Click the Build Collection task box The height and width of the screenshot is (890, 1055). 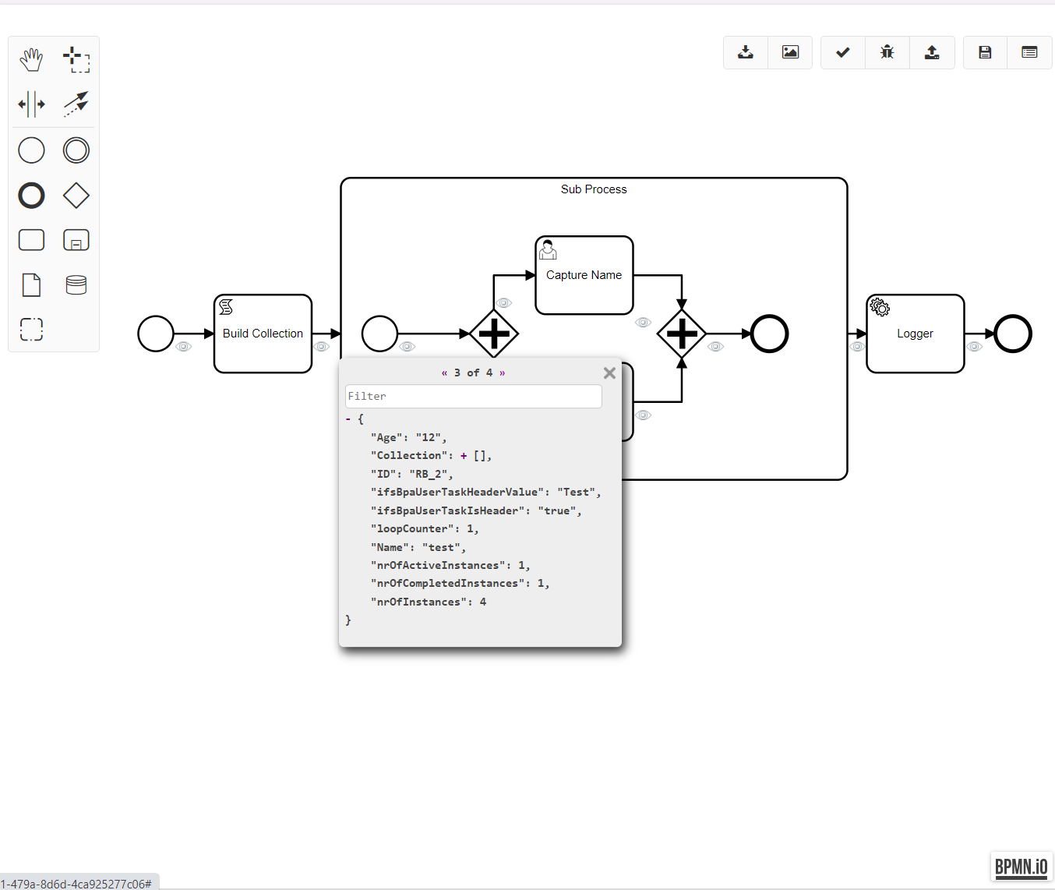(x=263, y=334)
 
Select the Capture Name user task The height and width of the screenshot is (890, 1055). (x=584, y=275)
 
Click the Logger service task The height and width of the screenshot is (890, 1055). (x=915, y=334)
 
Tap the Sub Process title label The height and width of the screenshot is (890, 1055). (x=594, y=189)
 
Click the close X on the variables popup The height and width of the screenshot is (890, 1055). (x=609, y=373)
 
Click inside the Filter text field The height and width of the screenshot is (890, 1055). (x=473, y=397)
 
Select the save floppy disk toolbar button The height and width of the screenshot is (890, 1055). (x=985, y=52)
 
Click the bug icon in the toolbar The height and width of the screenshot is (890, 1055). (x=887, y=52)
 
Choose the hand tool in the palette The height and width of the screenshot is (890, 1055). (x=31, y=59)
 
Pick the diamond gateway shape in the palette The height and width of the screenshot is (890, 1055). (x=76, y=196)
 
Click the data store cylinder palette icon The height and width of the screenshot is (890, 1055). (x=76, y=285)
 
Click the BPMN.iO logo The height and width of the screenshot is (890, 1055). (x=1021, y=867)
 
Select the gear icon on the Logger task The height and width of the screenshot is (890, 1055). (x=880, y=307)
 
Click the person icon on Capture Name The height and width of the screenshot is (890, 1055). (x=548, y=249)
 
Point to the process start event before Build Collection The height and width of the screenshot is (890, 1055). (x=156, y=334)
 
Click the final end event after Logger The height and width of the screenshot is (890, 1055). (x=1013, y=334)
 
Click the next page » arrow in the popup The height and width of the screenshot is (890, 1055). (x=503, y=373)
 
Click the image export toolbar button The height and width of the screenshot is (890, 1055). (x=790, y=52)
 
